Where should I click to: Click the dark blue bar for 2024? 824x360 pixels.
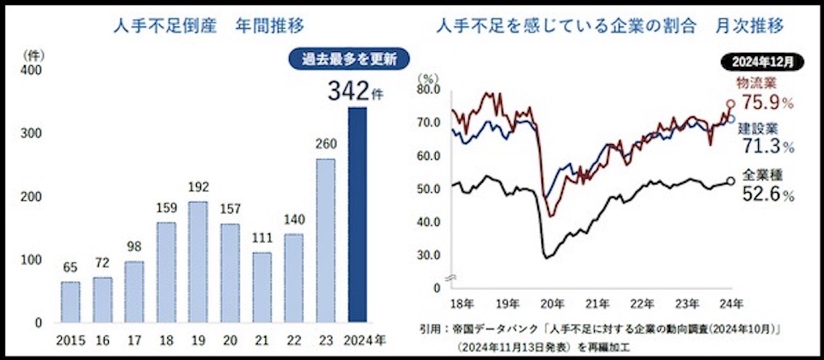357,215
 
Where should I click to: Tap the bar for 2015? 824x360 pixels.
71,302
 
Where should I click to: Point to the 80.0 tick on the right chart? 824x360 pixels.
428,89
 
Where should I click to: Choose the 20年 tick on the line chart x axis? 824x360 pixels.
551,302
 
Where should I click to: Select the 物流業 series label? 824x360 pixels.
756,83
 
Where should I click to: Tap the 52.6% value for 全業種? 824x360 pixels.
766,196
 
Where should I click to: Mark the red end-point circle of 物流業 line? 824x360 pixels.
730,105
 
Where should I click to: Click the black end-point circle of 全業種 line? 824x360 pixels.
731,182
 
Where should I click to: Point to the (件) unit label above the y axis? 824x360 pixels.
32,55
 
